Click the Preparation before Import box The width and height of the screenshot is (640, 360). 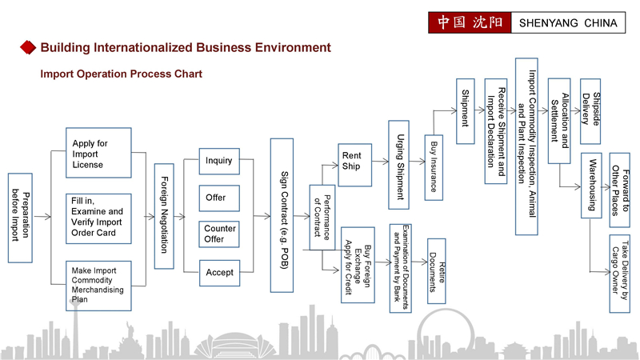[20, 218]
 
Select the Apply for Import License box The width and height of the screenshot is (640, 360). [96, 154]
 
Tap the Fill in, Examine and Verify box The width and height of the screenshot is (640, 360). [96, 218]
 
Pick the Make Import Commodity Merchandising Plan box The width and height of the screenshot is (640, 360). [96, 285]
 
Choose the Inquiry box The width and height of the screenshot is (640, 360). [219, 161]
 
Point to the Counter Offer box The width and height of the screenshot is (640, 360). [219, 234]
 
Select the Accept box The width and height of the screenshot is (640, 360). [219, 272]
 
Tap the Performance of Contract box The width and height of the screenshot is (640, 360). [322, 217]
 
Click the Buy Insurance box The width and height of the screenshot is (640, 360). [434, 167]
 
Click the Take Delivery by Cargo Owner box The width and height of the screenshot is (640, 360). [618, 267]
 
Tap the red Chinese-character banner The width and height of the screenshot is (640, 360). [468, 22]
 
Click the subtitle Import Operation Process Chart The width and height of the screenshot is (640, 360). [121, 74]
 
